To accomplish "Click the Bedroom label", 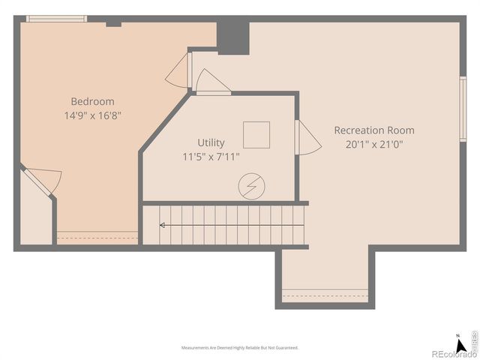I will point(92,101).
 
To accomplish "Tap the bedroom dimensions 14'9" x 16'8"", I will point(92,115).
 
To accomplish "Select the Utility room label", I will point(211,142).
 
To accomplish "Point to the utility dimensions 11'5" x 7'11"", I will point(211,157).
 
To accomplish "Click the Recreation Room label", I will point(373,130).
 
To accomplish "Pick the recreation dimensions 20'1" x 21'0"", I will point(373,144).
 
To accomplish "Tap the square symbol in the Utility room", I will point(257,133).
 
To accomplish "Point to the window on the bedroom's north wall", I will point(56,19).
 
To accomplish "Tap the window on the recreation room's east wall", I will point(463,109).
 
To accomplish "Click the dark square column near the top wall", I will point(232,37).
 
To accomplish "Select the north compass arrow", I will point(457,337).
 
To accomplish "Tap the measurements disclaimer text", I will point(239,348).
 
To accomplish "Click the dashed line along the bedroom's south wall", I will point(97,237).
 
